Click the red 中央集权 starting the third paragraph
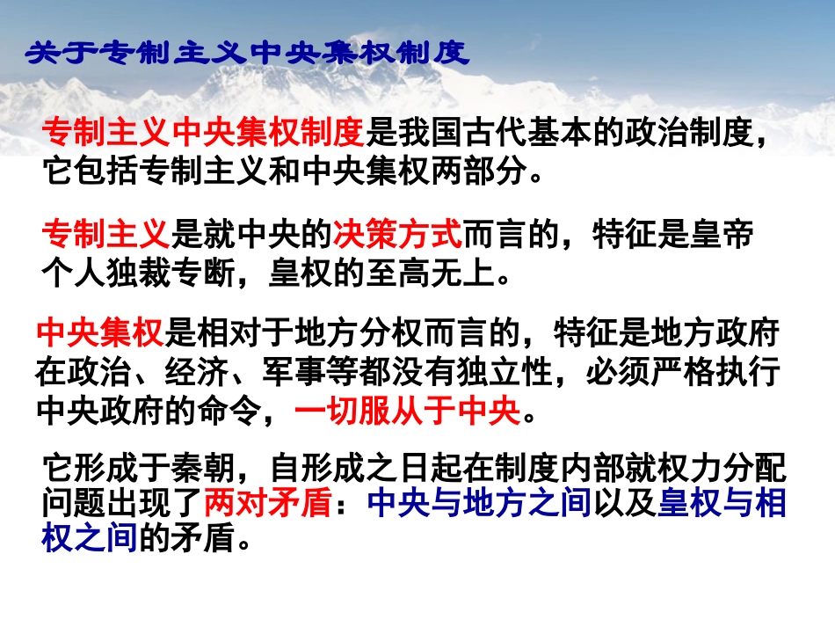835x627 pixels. point(100,335)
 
